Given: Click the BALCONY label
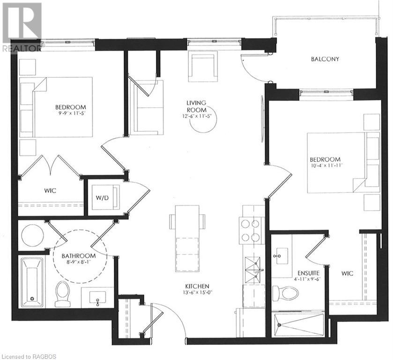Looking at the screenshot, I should [325, 59].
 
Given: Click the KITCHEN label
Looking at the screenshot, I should [197, 286].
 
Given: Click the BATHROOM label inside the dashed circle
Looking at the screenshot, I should [79, 255].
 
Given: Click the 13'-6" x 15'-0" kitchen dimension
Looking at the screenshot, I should [197, 294].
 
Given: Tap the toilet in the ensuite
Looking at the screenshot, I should [286, 293].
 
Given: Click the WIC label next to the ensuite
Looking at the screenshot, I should [347, 273].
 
